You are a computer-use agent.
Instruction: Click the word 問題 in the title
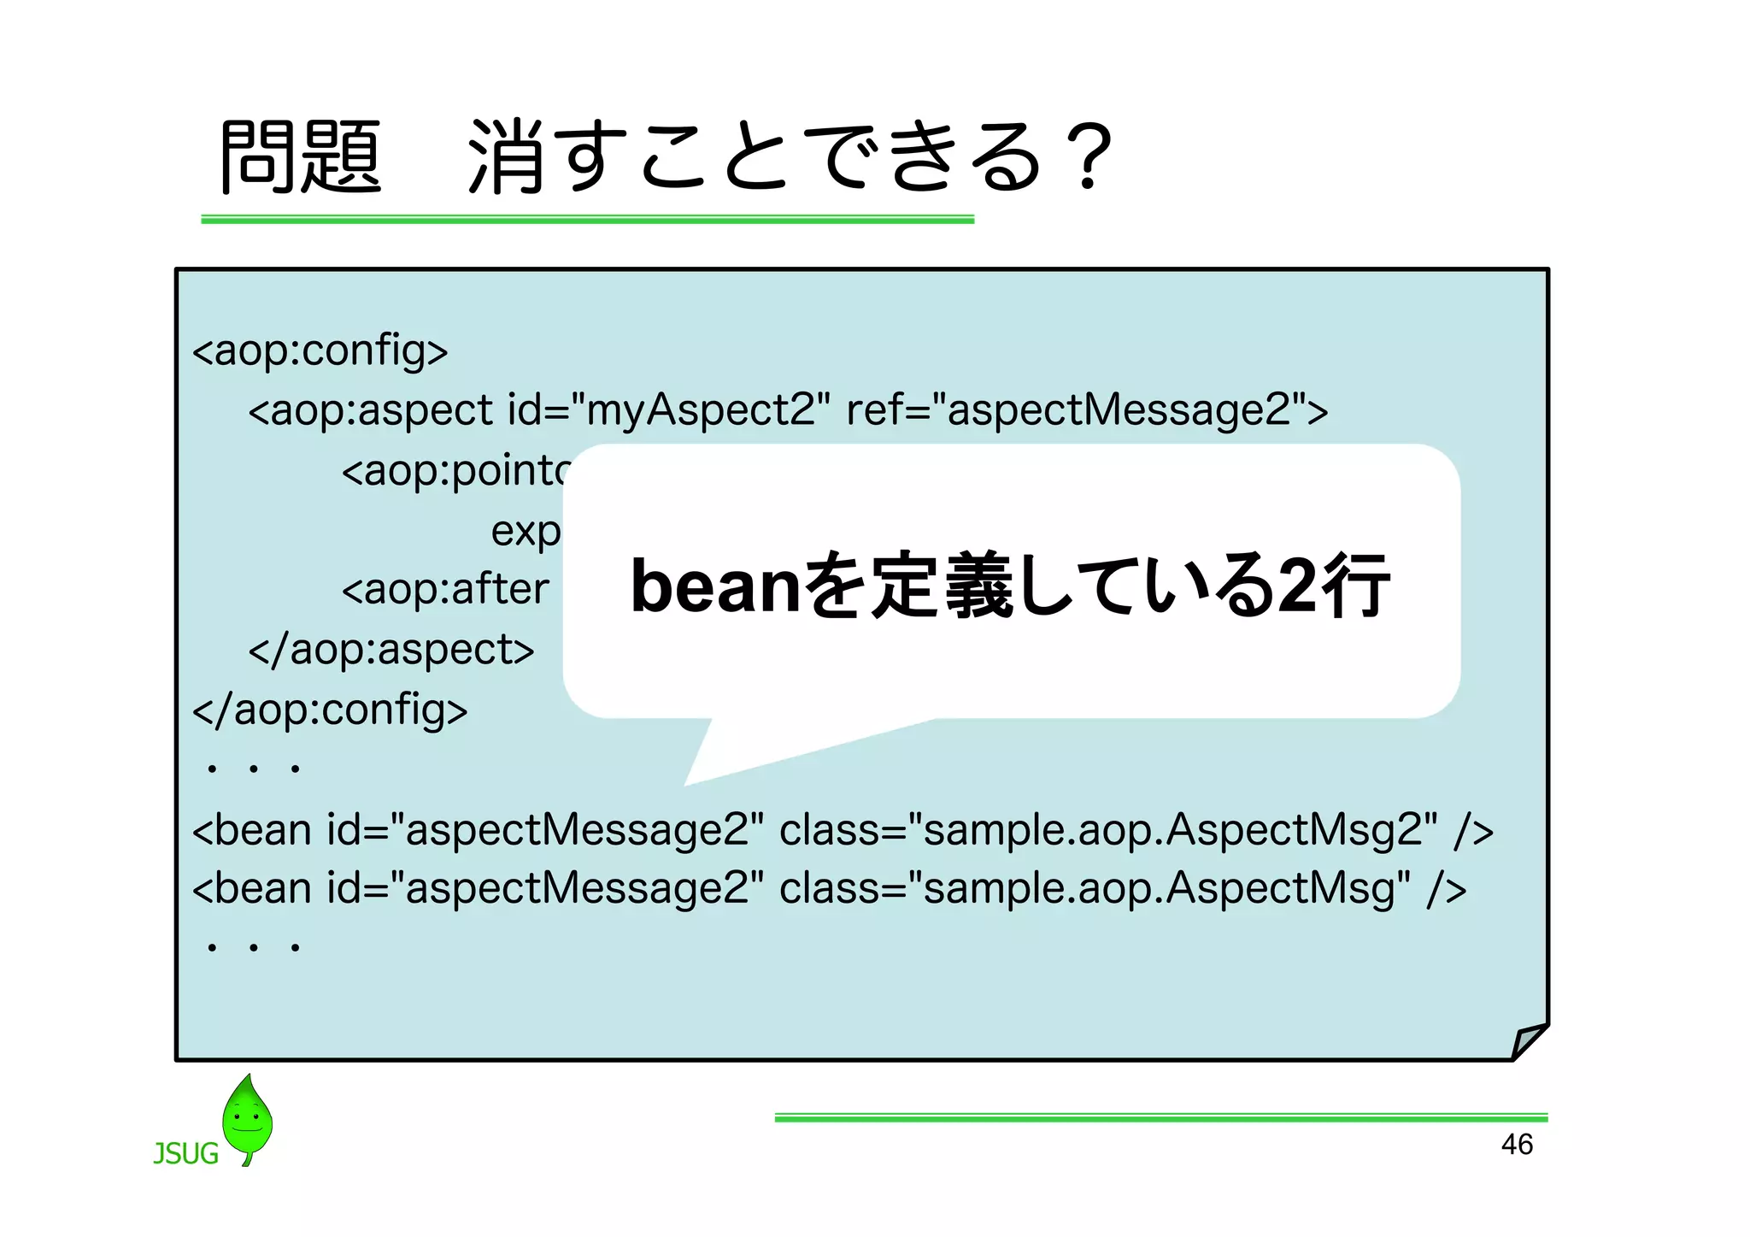[x=300, y=157]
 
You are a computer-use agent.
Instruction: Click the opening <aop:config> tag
[x=320, y=350]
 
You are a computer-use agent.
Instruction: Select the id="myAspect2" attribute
[x=668, y=410]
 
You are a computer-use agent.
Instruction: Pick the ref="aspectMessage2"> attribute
[x=1087, y=410]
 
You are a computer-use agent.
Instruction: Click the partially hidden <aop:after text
[x=444, y=590]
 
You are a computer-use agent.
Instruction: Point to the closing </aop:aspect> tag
[x=391, y=651]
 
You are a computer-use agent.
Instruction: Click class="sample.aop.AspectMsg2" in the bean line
[x=1108, y=830]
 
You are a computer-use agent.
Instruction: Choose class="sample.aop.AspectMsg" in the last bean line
[x=1095, y=888]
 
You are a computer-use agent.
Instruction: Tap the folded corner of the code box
[x=1527, y=1041]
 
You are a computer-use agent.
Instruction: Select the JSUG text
[x=185, y=1154]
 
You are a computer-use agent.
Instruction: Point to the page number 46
[x=1517, y=1145]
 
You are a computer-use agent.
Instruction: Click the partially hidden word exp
[x=526, y=532]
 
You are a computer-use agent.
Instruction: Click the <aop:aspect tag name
[x=370, y=410]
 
